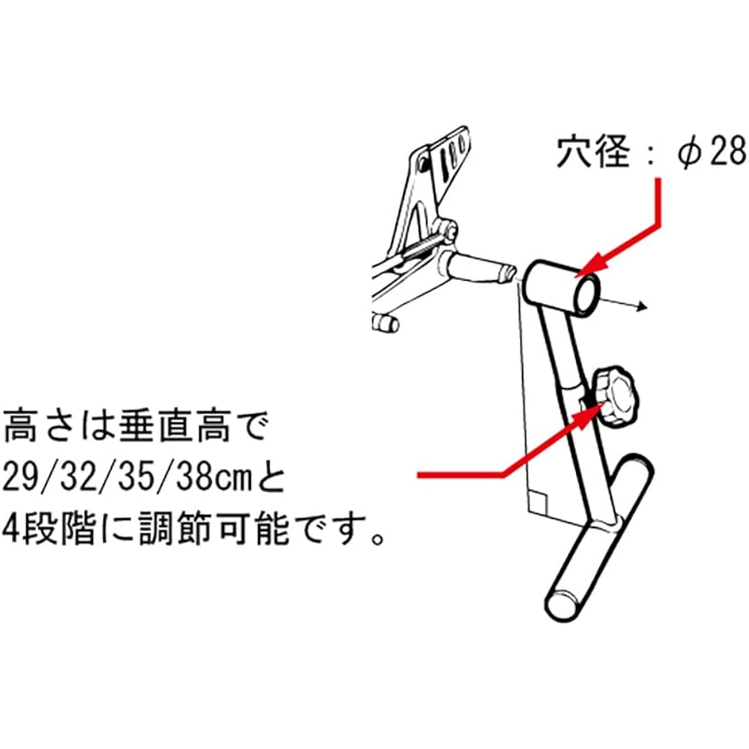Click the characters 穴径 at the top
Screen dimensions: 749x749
point(592,152)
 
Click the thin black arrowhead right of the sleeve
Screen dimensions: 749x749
point(642,306)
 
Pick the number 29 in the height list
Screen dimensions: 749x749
point(19,478)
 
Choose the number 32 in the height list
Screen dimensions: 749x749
point(77,478)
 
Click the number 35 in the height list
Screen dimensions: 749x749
point(135,478)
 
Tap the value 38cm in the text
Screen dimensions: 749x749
point(213,478)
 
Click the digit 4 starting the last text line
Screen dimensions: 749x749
point(11,530)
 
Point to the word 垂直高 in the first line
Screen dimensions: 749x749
point(175,425)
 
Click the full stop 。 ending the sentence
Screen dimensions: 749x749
point(377,538)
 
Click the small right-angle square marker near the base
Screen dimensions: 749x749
point(537,502)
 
